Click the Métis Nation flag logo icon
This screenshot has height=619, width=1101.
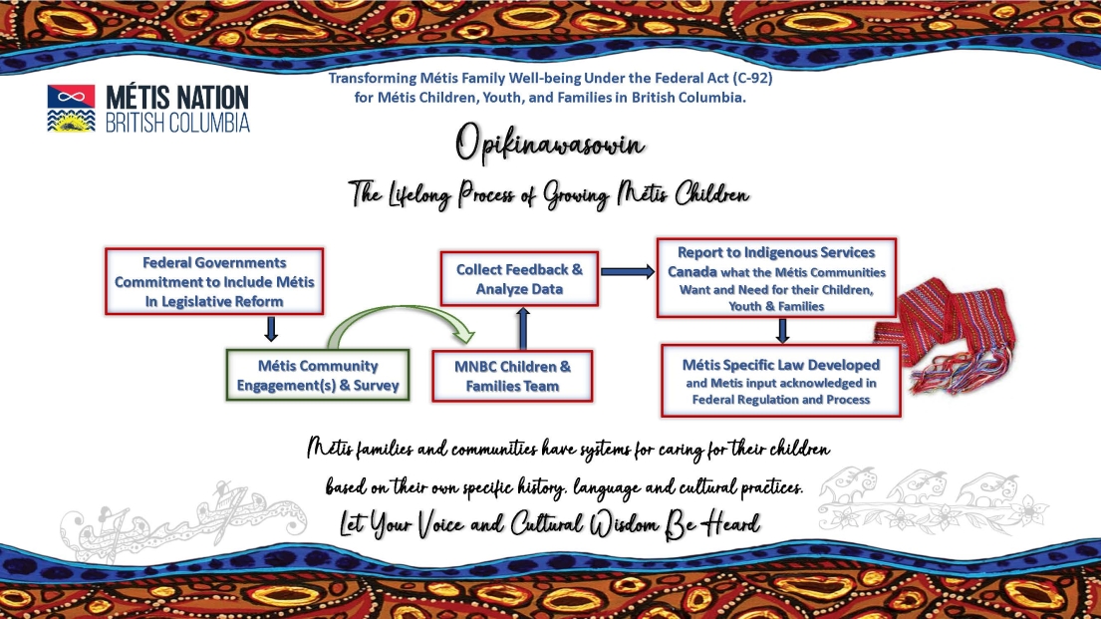click(71, 109)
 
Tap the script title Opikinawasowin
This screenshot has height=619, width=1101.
click(549, 145)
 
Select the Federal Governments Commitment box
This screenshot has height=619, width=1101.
click(214, 281)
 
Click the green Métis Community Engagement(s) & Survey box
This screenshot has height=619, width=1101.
click(318, 375)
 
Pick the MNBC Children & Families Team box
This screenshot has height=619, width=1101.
click(512, 376)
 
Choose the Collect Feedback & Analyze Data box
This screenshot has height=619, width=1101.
click(519, 279)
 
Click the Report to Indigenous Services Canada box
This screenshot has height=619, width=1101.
click(776, 278)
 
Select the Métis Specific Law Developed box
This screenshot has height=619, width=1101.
click(780, 381)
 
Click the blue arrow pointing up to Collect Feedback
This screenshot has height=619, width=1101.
click(522, 328)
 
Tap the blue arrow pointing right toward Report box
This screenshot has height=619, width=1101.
click(628, 271)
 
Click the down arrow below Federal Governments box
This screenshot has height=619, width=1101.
click(271, 329)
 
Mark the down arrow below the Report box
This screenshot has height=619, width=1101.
click(782, 331)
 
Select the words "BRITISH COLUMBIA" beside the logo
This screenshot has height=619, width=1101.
click(177, 123)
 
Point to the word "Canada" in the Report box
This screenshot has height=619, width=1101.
click(692, 272)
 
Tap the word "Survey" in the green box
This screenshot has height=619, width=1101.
click(376, 385)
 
